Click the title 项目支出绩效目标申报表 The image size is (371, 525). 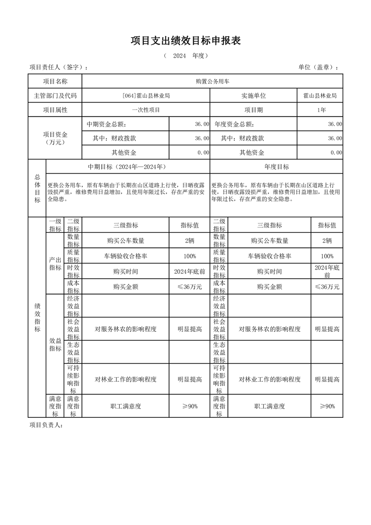(x=186, y=41)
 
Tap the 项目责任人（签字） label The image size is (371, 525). (x=58, y=67)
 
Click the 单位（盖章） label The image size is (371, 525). (x=318, y=67)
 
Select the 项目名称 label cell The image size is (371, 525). (x=55, y=81)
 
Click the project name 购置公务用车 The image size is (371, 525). (x=212, y=81)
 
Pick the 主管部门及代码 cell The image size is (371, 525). (x=55, y=96)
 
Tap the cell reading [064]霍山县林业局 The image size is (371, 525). (x=145, y=96)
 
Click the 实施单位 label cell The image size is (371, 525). (x=254, y=96)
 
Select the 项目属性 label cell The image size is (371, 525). (x=55, y=110)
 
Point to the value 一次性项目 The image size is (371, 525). (x=145, y=110)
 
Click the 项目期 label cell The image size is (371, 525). (x=254, y=110)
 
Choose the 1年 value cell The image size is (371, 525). (x=320, y=110)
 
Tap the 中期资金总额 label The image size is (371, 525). (x=106, y=124)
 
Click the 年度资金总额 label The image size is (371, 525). (x=234, y=124)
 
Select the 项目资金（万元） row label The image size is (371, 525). (x=55, y=138)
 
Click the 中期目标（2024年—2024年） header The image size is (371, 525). (x=127, y=167)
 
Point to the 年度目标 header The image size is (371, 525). (x=276, y=167)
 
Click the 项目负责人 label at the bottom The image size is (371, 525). (x=46, y=425)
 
